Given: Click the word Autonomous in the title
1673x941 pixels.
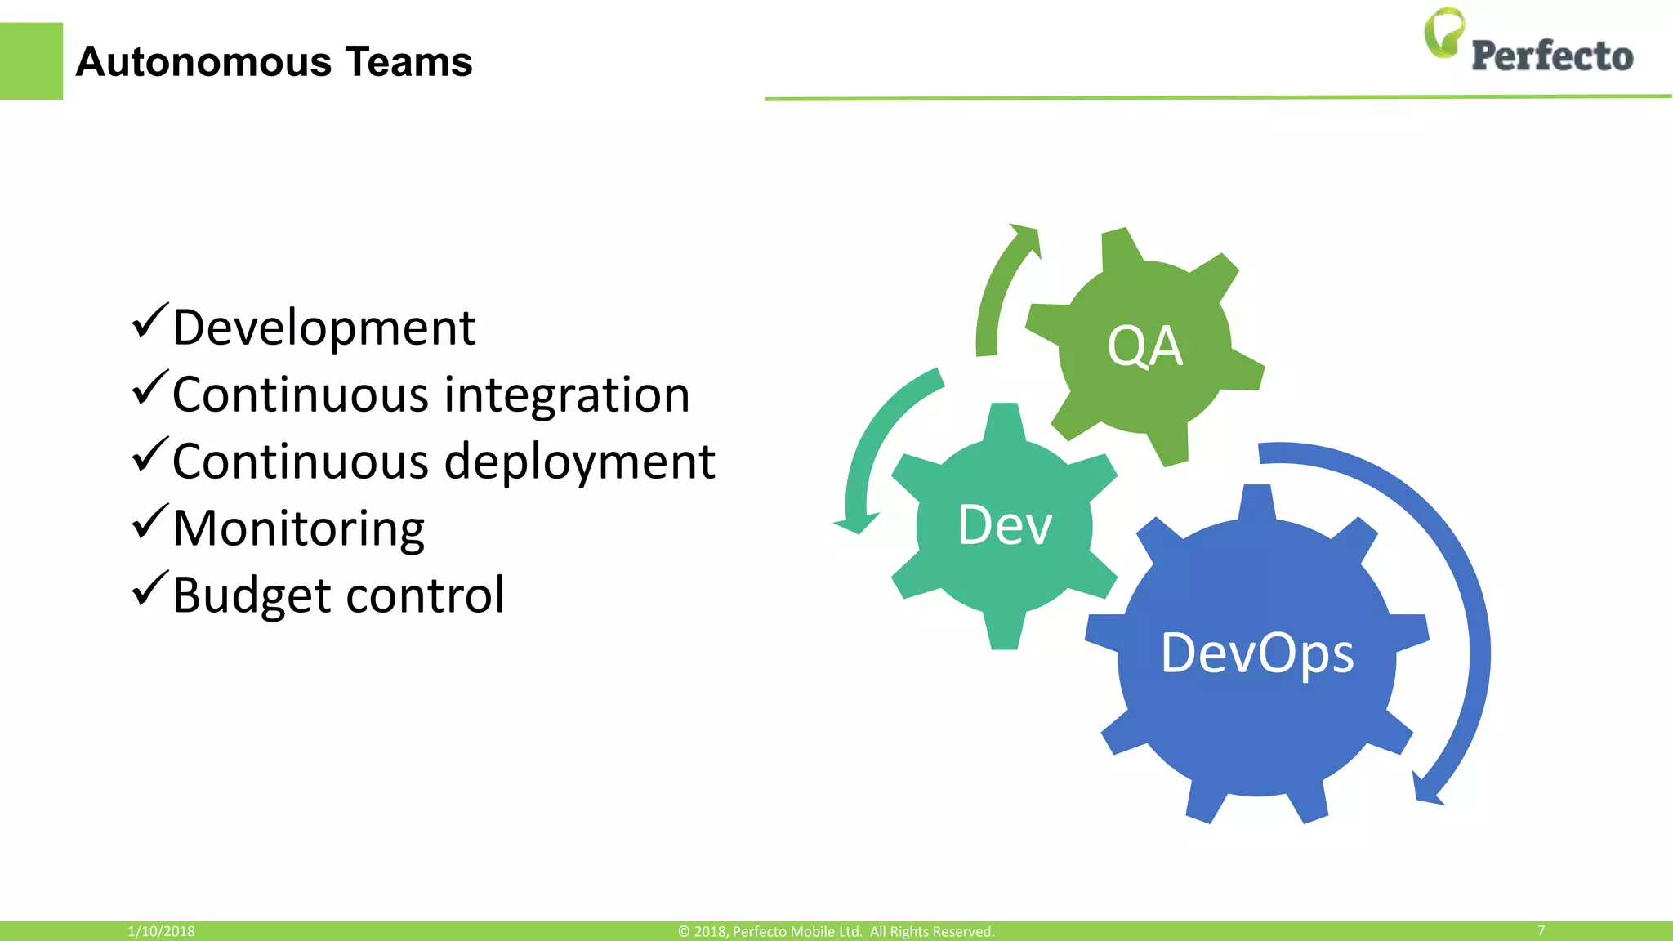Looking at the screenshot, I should click(203, 62).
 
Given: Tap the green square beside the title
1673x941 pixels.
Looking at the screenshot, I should click(31, 61).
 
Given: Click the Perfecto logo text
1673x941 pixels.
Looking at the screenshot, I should click(1551, 56).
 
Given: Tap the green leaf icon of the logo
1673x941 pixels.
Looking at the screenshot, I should click(1443, 33).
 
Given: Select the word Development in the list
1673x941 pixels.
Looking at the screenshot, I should click(323, 328).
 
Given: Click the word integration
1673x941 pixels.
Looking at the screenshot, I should click(567, 395).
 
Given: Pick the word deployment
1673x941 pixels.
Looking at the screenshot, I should click(579, 462).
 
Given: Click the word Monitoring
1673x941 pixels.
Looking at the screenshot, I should click(298, 529).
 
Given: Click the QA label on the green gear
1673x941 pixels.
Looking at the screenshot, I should click(1144, 346).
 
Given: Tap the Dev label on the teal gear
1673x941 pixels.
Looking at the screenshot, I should click(1004, 525).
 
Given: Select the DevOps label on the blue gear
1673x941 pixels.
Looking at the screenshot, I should click(1257, 653).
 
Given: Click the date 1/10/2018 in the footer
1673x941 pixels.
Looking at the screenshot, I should click(161, 931).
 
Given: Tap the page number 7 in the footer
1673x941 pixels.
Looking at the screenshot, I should click(1541, 930).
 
